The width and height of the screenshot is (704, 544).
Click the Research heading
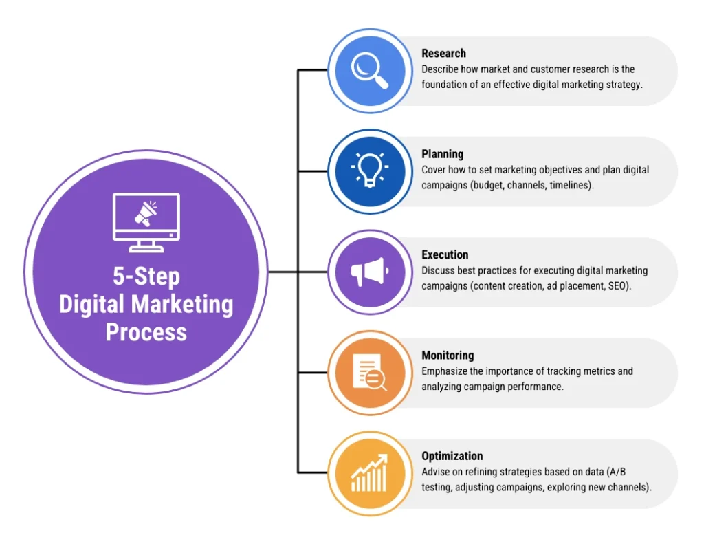click(443, 54)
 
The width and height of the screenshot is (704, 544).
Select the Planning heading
click(443, 154)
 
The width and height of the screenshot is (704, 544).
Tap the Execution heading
click(445, 254)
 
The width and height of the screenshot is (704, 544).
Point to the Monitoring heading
click(448, 356)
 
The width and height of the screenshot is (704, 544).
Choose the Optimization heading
click(452, 456)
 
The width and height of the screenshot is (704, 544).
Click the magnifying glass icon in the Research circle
click(370, 70)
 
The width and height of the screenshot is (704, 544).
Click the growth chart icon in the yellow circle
click(370, 473)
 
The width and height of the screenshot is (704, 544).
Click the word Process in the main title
click(146, 332)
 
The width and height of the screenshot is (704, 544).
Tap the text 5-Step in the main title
click(146, 276)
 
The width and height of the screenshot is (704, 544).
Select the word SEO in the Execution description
click(616, 286)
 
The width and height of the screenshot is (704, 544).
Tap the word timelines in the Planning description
click(571, 186)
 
